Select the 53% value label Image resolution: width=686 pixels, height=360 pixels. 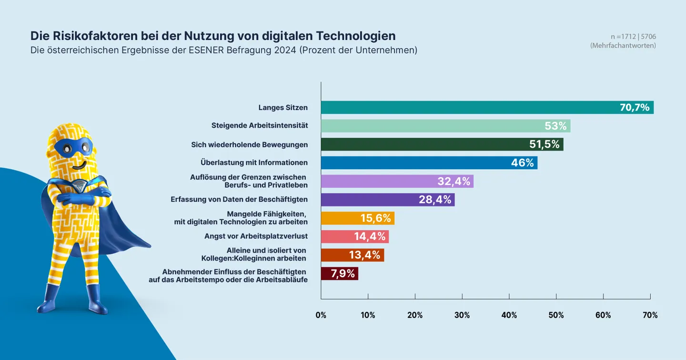(x=555, y=126)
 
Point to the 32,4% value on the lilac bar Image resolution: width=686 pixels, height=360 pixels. (x=454, y=181)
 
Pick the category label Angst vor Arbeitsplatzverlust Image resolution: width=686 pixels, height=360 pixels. (x=256, y=236)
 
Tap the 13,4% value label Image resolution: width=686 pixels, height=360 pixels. (x=364, y=255)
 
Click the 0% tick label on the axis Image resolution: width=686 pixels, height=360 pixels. (x=321, y=315)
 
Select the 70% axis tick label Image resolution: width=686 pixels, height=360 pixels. (x=650, y=315)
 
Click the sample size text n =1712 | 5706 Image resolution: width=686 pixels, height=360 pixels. (x=633, y=37)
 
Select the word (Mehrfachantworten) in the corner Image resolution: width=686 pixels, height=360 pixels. (x=623, y=46)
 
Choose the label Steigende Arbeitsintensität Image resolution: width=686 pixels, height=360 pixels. (x=260, y=126)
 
